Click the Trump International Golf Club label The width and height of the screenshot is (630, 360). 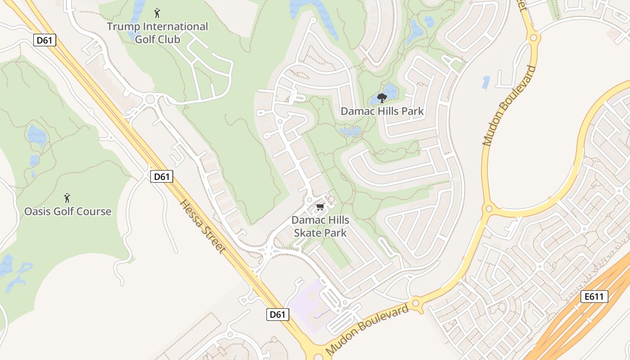pos(157,33)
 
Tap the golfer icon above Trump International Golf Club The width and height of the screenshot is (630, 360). pos(157,13)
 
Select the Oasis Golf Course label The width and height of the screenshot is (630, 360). pos(67,211)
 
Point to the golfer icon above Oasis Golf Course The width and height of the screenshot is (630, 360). pos(67,198)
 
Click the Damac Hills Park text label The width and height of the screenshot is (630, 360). pos(382,111)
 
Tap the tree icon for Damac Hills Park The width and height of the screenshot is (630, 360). pos(382,98)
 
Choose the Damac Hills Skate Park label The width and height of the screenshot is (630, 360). pos(320,226)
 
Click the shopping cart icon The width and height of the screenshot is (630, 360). pos(320,207)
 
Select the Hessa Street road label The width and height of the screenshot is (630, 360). pos(202,226)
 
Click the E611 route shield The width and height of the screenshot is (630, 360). pos(594,297)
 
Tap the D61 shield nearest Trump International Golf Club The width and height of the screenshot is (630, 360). pos(45,40)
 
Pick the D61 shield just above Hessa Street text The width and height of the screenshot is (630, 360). pos(162,176)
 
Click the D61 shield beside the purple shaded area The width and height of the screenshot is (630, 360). pos(277,315)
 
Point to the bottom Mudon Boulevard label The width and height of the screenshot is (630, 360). pos(367,329)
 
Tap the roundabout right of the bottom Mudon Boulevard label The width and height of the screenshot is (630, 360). pos(416,304)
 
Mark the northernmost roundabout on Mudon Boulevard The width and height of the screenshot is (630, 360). pos(534,38)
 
